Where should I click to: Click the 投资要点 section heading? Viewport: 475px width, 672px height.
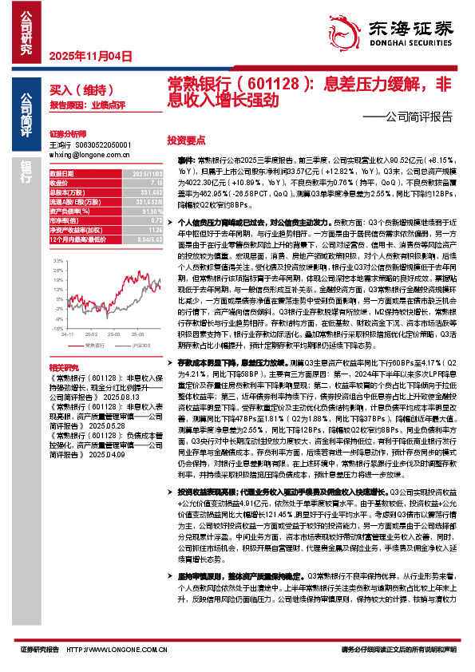pos(185,138)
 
